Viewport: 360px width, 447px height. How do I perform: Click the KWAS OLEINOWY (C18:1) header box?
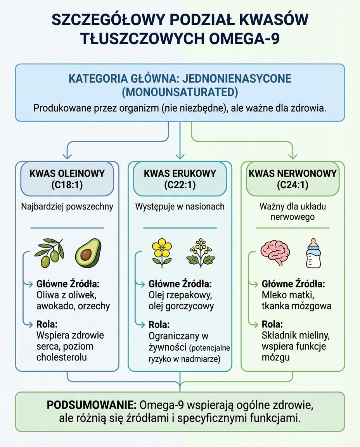pos(67,179)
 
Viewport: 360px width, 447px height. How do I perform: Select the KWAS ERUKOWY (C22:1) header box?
pos(180,179)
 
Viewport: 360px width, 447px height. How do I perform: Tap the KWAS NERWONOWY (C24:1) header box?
pos(292,179)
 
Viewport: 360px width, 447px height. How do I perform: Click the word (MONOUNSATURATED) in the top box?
pos(180,92)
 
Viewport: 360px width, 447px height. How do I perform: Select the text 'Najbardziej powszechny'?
pos(67,206)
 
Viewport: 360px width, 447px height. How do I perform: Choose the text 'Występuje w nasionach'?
pos(180,206)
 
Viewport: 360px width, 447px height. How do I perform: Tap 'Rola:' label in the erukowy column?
pos(159,324)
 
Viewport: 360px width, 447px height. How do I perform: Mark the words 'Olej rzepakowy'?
pos(180,295)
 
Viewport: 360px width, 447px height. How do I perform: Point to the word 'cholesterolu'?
pos(61,357)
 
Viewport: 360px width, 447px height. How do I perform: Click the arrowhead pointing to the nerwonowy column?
pos(292,156)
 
